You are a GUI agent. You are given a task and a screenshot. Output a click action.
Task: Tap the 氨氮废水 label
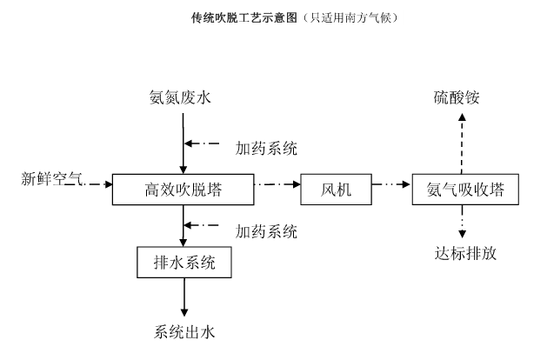180,97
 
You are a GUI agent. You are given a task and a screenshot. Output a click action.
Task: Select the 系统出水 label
184,331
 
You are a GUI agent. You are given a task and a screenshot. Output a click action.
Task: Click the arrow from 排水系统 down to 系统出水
184,297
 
